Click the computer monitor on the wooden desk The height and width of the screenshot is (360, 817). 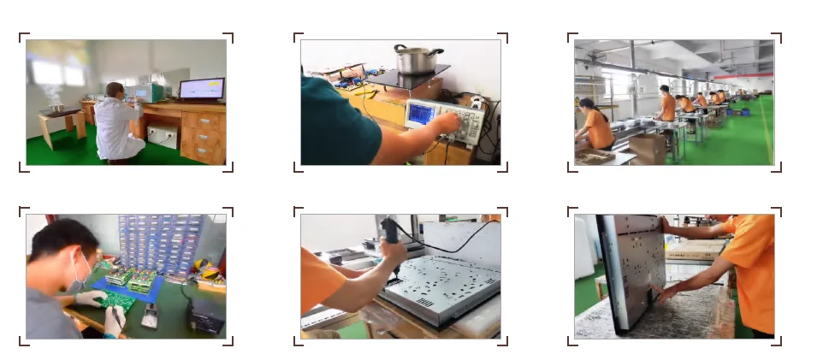pyautogui.click(x=201, y=89)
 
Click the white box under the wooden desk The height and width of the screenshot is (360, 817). pyautogui.click(x=163, y=136)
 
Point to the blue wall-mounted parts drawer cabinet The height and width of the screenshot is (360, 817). pyautogui.click(x=163, y=244)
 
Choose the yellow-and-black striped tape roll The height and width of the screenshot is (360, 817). pyautogui.click(x=209, y=274)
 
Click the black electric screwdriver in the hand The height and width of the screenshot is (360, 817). pyautogui.click(x=391, y=236)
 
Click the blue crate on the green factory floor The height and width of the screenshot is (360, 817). pyautogui.click(x=744, y=112)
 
